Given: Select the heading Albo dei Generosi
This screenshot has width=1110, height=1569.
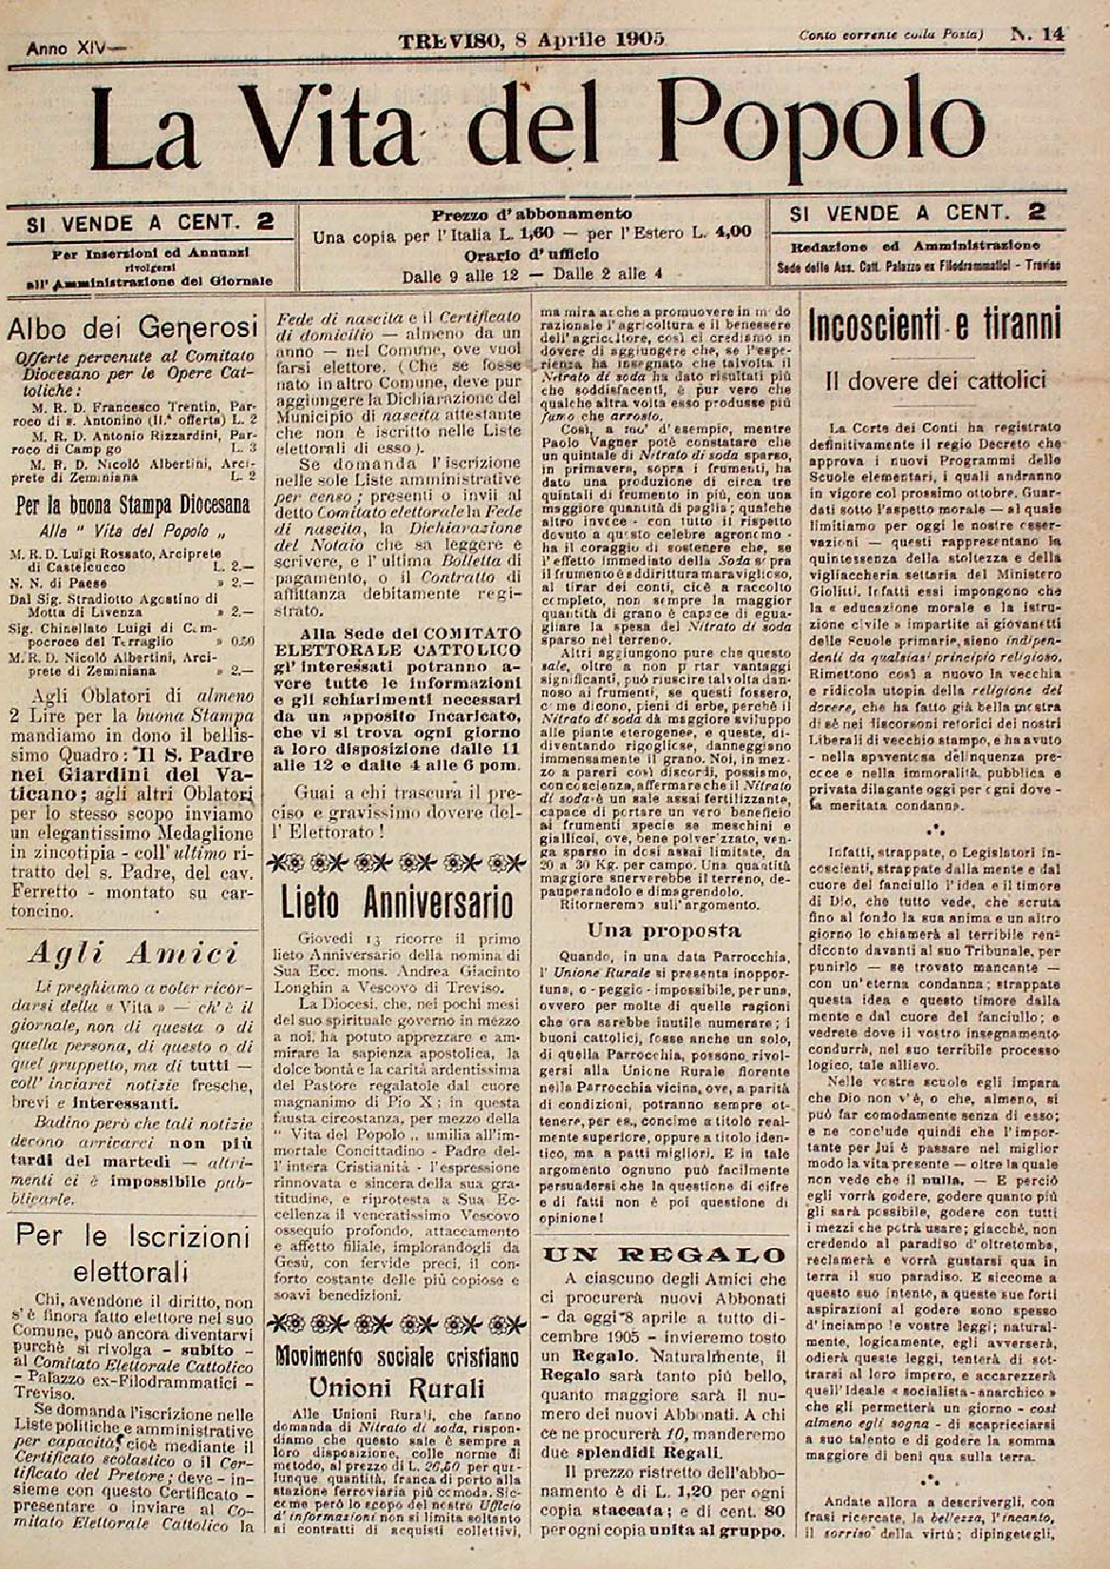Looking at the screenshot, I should pos(133,329).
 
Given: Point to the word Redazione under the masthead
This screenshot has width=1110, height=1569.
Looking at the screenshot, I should pos(833,246).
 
